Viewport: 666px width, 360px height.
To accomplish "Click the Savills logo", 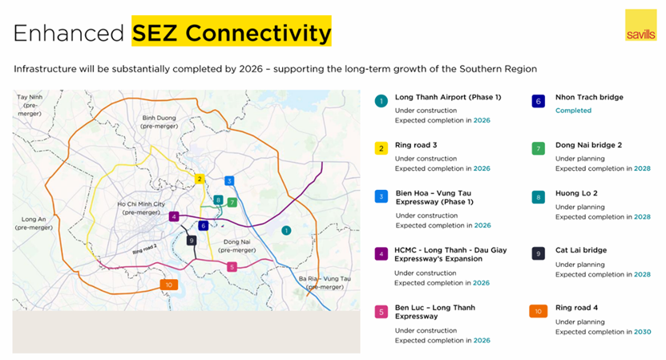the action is [x=640, y=25].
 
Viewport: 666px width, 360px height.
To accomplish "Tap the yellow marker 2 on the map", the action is [x=200, y=179].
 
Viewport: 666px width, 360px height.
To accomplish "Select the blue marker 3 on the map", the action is [x=229, y=181].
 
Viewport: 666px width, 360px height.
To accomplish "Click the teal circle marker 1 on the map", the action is [x=286, y=230].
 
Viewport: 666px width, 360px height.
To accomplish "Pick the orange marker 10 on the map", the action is [x=169, y=285].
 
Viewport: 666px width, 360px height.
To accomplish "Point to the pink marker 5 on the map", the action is [x=232, y=267].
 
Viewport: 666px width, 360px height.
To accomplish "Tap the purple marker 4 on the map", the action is [x=174, y=216].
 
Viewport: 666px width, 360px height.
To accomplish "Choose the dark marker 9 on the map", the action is [x=192, y=241].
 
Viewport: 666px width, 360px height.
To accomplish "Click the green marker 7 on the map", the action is [x=232, y=202].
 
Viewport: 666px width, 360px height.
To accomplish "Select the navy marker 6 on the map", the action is [x=203, y=225].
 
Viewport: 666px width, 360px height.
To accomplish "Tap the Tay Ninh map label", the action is [x=30, y=105].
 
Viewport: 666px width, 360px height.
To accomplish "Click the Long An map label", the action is [x=34, y=223].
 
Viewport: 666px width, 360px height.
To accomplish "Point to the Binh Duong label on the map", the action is [x=159, y=122].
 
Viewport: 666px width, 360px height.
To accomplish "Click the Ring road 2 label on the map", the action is [x=144, y=249].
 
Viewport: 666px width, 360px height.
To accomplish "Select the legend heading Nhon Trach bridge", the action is [x=589, y=97].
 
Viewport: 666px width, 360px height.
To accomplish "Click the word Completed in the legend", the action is [x=573, y=111].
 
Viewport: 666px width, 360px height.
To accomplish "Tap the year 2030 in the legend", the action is [x=642, y=332].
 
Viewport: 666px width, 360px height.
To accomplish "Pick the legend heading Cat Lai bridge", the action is [x=580, y=250].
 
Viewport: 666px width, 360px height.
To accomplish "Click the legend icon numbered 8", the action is [x=538, y=197].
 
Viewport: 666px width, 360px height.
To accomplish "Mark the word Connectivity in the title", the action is [x=258, y=33].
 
